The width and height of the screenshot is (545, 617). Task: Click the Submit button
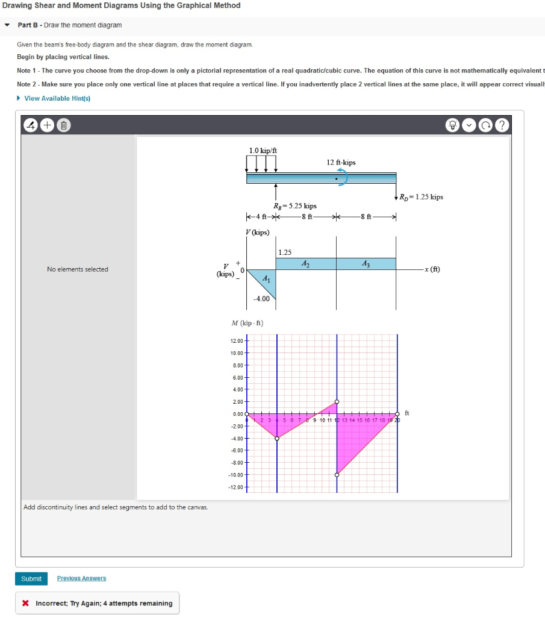pos(31,578)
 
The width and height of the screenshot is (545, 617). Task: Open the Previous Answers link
pos(81,578)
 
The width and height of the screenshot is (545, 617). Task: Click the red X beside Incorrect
pos(25,603)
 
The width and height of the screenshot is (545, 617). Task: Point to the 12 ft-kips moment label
pos(341,162)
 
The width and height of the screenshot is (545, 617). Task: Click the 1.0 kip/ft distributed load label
pos(263,150)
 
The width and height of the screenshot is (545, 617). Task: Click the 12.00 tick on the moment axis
pos(237,341)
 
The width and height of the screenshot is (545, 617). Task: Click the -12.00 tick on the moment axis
pos(236,487)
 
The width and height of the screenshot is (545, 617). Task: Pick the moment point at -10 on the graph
pos(337,475)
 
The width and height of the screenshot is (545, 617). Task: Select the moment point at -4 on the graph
pos(277,438)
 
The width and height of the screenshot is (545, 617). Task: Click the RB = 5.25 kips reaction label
pos(294,205)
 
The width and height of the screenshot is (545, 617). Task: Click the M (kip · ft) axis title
pos(248,322)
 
